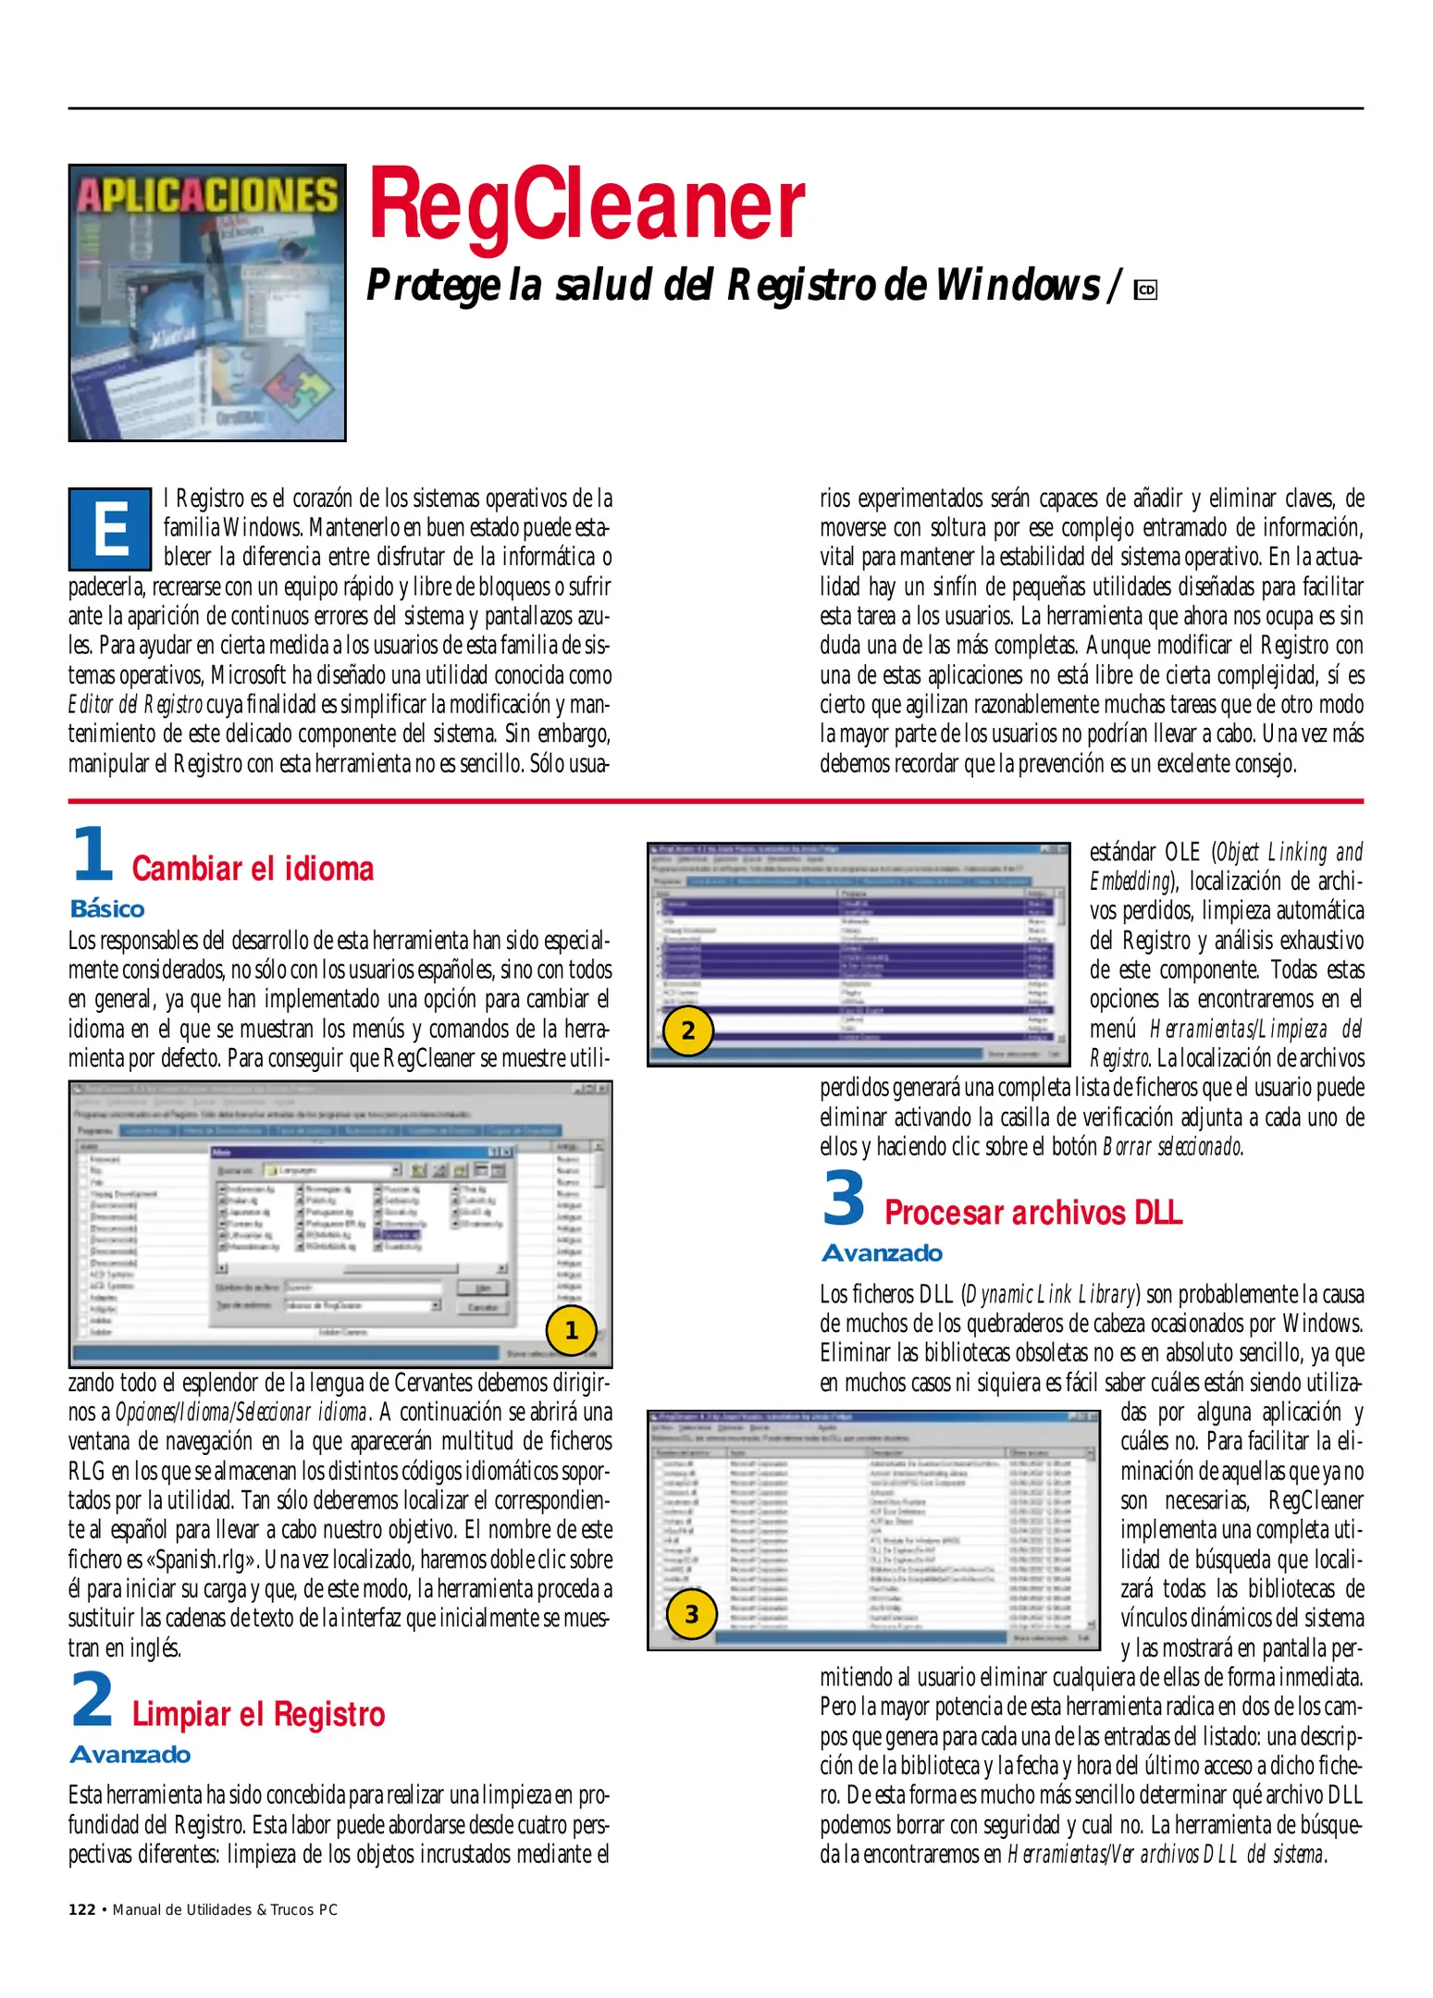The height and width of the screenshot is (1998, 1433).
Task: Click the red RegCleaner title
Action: pos(587,205)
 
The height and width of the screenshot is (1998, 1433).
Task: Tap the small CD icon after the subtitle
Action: pos(1146,290)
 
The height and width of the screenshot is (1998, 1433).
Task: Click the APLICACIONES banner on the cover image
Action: pos(207,195)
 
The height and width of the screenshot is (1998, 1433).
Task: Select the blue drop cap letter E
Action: pos(110,529)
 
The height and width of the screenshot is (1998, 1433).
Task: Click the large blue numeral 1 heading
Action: pos(93,854)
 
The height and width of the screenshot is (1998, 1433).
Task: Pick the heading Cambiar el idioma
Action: pos(253,869)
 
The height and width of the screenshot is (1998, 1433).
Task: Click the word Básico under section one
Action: pos(107,908)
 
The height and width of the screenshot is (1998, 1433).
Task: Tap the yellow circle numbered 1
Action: pos(571,1330)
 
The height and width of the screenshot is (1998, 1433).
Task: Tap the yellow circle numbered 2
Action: pos(687,1030)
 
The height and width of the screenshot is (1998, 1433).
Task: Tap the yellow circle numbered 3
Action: pos(691,1614)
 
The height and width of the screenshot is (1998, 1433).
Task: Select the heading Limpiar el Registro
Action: pos(258,1714)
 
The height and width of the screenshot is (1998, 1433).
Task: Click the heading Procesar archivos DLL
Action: pos(1032,1212)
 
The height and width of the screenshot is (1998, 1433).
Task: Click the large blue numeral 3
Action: pos(844,1198)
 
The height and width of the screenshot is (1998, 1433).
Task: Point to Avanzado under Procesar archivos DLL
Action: pos(882,1252)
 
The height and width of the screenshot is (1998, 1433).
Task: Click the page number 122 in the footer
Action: pos(81,1909)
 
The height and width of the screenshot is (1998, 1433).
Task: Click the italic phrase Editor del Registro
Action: pos(135,705)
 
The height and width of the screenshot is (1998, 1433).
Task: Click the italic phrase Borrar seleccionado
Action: pos(1172,1147)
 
